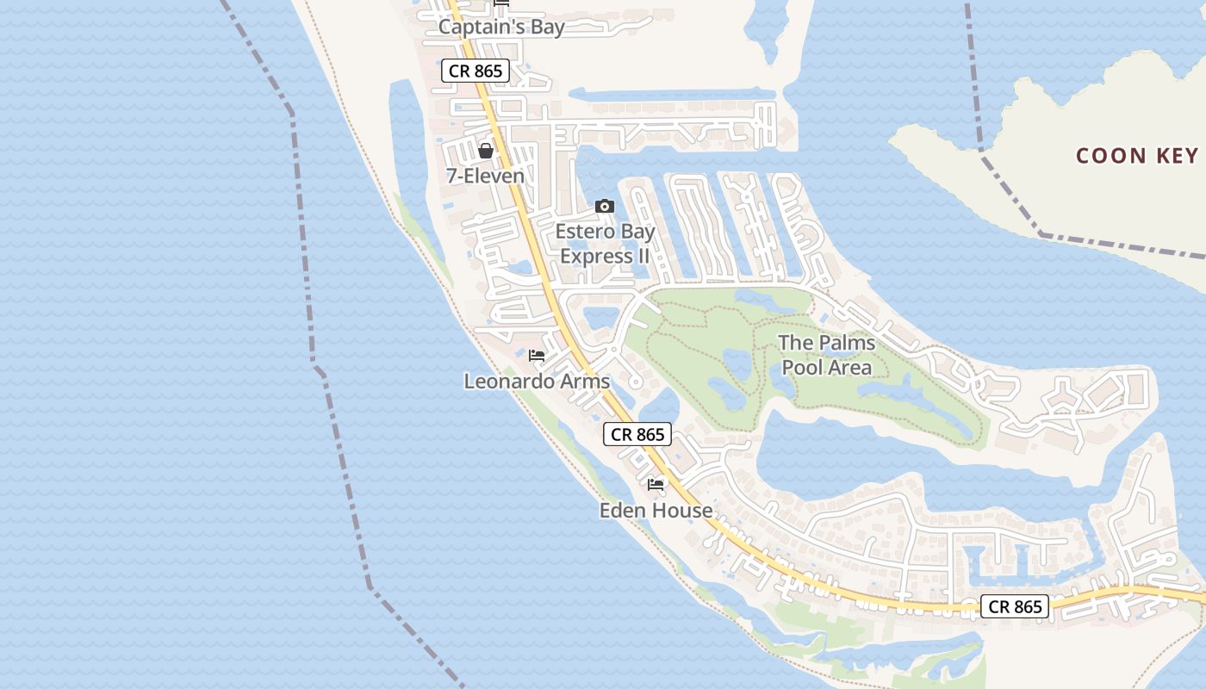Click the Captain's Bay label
[501, 27]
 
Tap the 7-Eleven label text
[485, 176]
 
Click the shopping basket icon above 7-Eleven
[486, 151]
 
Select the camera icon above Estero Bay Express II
[605, 206]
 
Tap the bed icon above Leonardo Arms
[537, 356]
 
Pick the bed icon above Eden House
[656, 485]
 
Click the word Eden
[622, 511]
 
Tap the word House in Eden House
[681, 511]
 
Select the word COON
[1111, 156]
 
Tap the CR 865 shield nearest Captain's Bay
[476, 71]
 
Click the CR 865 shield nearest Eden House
[637, 435]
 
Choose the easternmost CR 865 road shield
[1016, 606]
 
